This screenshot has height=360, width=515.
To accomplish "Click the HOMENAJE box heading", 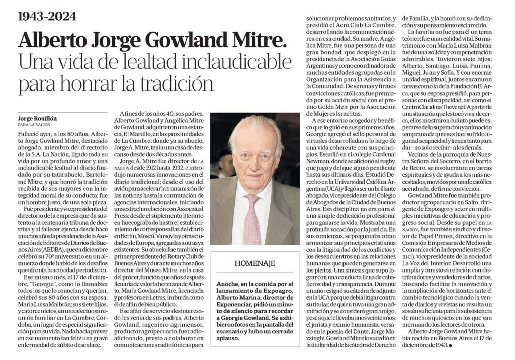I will point(254,263).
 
